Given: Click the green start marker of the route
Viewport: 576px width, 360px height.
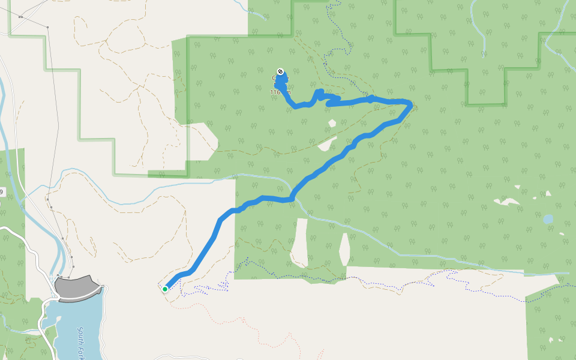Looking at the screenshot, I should (x=165, y=289).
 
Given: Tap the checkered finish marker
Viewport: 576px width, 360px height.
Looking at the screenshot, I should (x=280, y=71).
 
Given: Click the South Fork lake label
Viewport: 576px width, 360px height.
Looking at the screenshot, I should (x=80, y=341).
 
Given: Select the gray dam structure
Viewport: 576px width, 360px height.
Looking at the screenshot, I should (x=76, y=287).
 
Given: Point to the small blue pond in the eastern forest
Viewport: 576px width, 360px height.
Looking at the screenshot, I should (x=548, y=219).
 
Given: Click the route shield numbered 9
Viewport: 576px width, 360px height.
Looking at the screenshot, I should (x=1, y=193).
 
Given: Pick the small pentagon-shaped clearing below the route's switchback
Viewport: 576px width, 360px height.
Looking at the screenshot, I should (x=332, y=123).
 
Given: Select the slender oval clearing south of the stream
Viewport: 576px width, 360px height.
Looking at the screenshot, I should (x=344, y=248).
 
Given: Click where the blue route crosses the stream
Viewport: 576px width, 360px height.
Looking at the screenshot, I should (x=293, y=197).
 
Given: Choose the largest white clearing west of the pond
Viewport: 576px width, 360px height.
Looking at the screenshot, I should (x=508, y=201).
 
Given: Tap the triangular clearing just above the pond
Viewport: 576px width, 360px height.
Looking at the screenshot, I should (x=548, y=193).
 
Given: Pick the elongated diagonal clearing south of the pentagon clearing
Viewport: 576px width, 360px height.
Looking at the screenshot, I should (x=327, y=144).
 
